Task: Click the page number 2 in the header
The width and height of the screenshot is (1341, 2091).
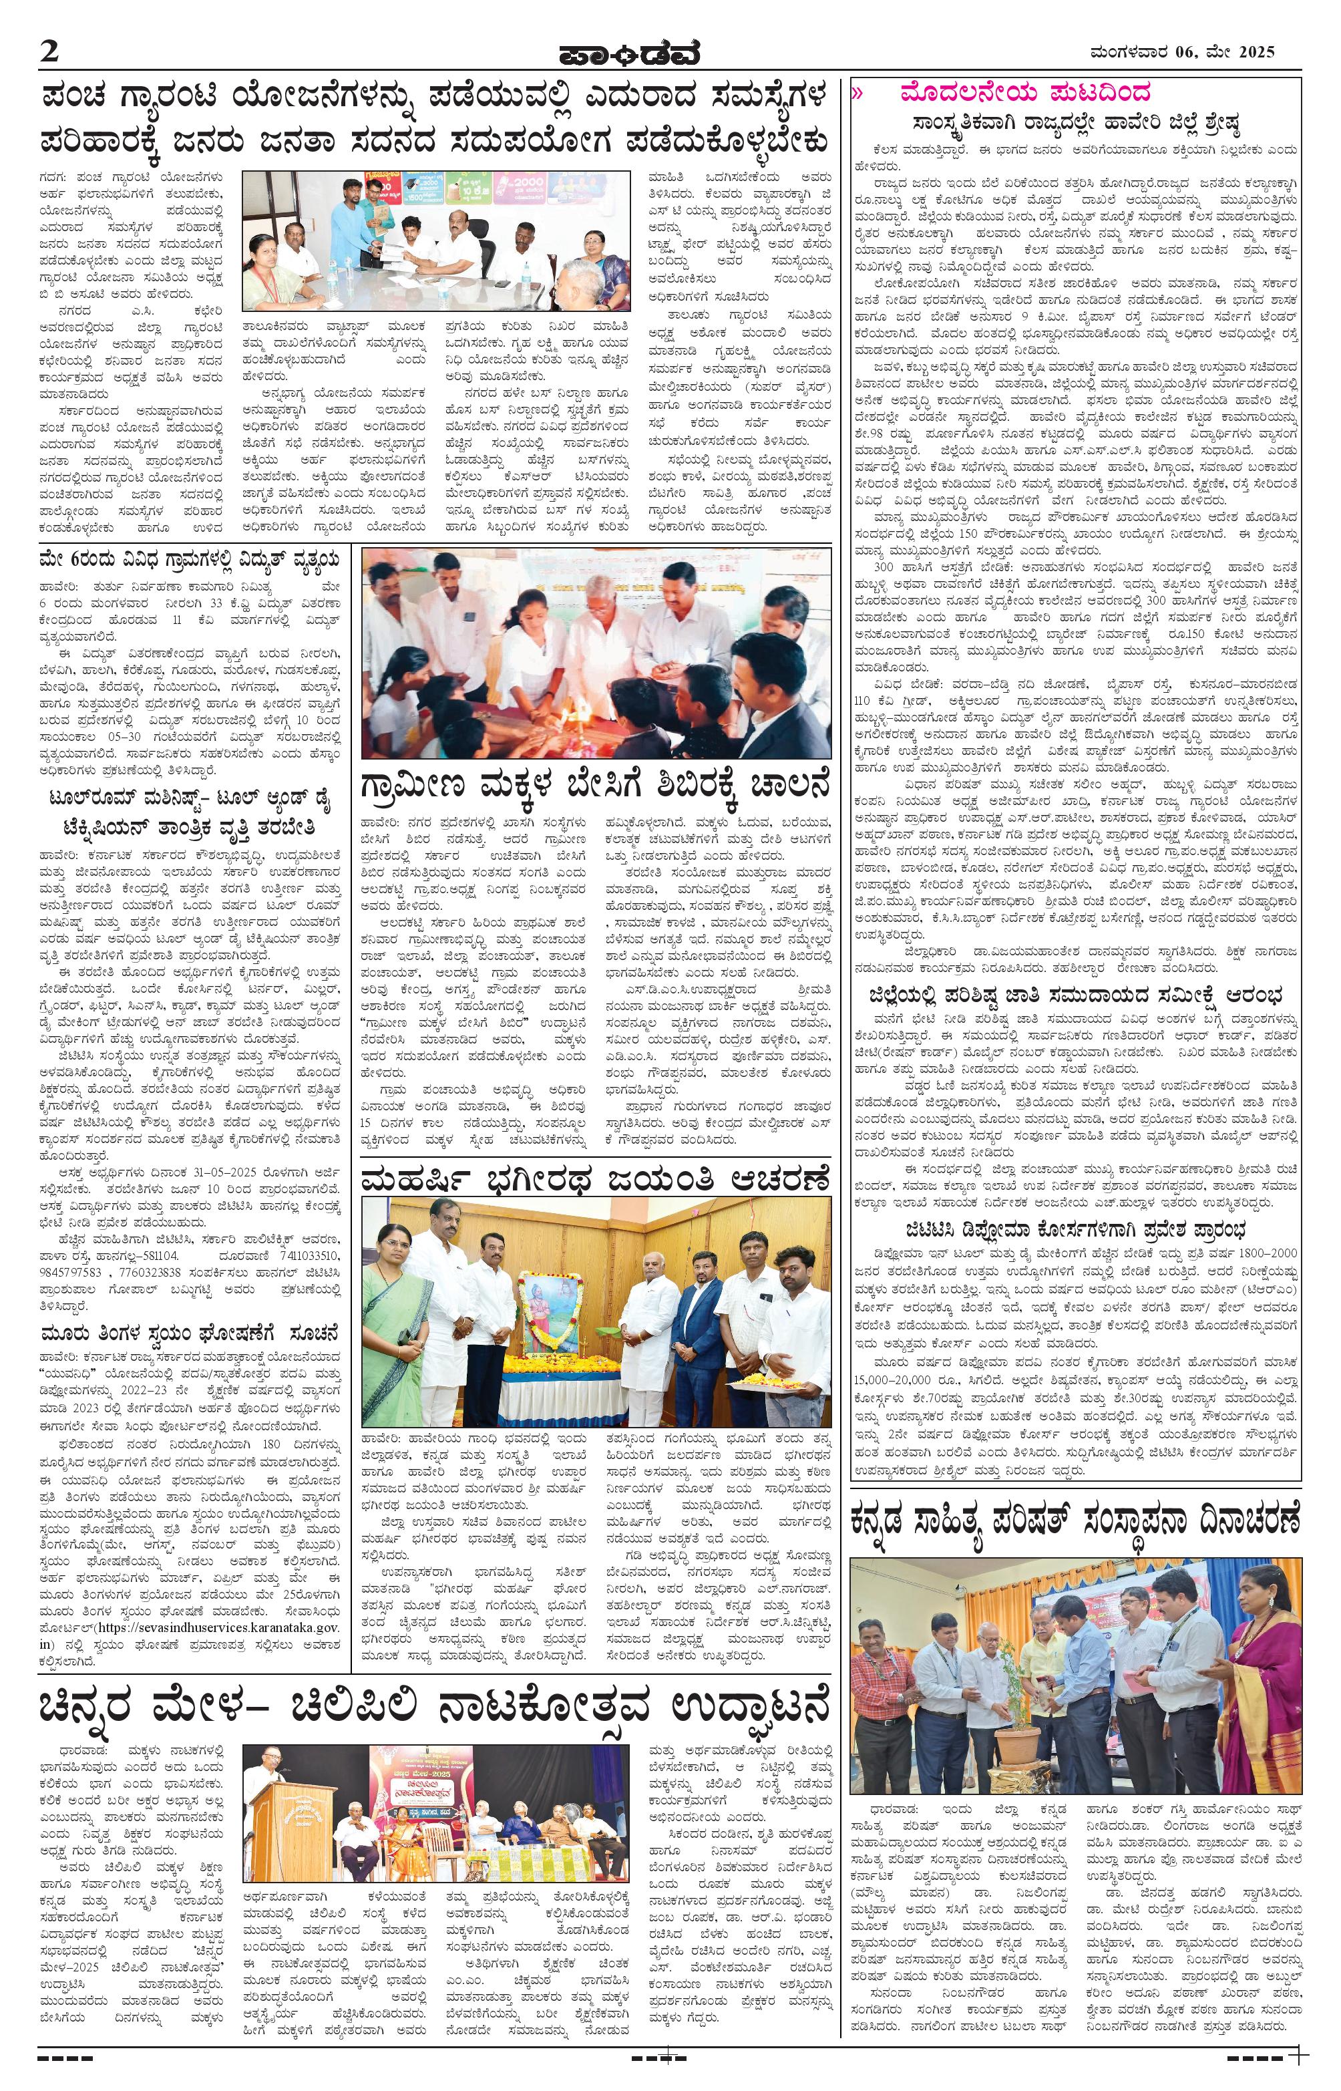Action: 48,51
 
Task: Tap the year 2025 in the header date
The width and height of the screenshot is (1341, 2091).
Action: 1255,51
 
